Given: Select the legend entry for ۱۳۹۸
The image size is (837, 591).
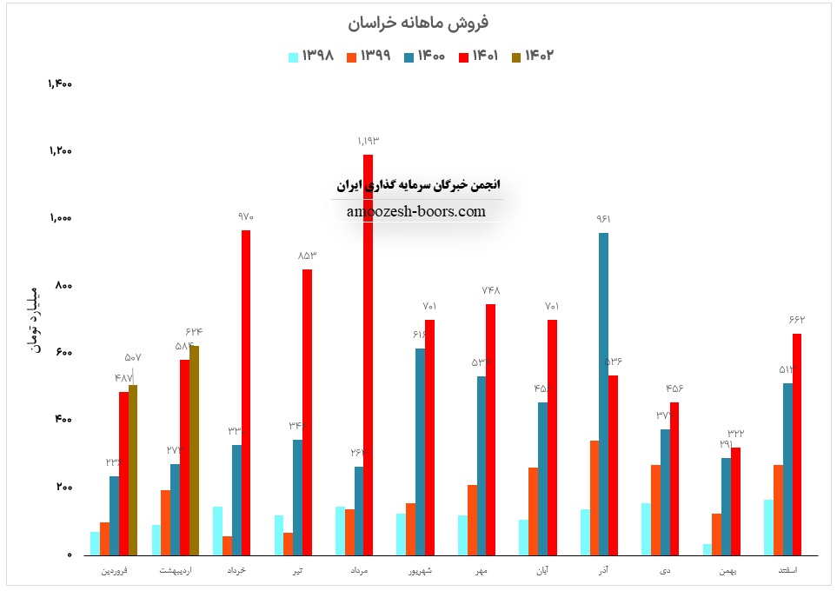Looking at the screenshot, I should tap(311, 56).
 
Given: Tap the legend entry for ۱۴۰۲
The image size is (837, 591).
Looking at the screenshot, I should tap(533, 56).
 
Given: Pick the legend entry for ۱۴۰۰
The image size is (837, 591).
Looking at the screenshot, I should tap(424, 56).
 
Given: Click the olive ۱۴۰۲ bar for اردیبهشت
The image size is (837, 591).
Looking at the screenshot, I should tap(194, 450).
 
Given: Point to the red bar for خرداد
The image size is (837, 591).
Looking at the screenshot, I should tap(246, 392).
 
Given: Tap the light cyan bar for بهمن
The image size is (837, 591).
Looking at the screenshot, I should tap(707, 549).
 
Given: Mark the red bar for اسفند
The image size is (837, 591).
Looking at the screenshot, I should tap(797, 444).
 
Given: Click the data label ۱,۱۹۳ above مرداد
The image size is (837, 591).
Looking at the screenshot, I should tap(369, 141).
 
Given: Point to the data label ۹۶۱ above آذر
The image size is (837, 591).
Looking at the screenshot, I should tap(603, 219).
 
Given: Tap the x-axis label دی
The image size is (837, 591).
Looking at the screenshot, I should tap(665, 571).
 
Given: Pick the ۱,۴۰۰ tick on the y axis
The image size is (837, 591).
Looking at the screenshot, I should tap(60, 84).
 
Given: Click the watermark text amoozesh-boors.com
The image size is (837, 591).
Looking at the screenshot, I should tap(416, 211).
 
